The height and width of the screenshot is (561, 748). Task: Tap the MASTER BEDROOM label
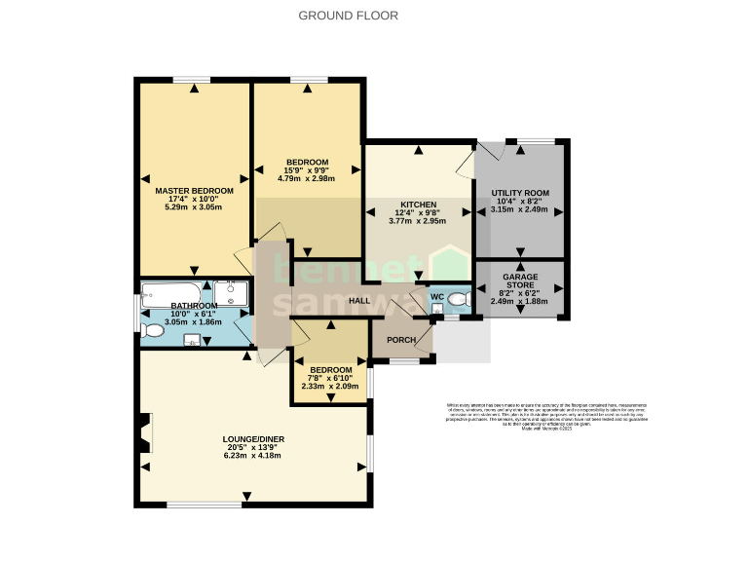point(195,191)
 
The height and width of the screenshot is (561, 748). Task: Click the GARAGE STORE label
point(520,282)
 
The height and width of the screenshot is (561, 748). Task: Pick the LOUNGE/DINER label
point(252,440)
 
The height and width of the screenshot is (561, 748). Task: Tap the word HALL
point(360,301)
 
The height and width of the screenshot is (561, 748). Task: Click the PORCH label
point(401,340)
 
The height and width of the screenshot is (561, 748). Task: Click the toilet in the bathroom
point(151,331)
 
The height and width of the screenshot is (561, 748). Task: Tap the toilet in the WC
point(458,299)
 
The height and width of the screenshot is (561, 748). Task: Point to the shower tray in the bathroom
point(232,293)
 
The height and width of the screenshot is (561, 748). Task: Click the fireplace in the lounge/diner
point(144,432)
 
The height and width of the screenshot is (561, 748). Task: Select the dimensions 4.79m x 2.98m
point(306,179)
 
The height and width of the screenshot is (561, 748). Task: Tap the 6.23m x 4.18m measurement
point(252,456)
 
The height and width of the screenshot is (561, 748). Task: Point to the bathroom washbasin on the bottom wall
point(192,340)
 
